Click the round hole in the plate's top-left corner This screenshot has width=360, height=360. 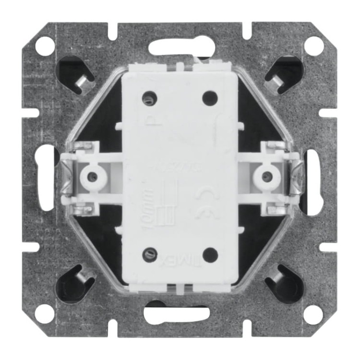[45, 45]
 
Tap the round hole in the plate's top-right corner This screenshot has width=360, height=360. [314, 45]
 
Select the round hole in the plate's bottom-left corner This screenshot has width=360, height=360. [45, 314]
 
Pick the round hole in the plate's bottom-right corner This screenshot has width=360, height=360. [314, 314]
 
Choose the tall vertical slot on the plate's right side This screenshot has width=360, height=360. [312, 181]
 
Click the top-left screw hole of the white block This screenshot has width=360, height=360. [149, 99]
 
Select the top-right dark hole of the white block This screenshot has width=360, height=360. [210, 98]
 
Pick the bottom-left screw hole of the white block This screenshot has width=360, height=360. [150, 254]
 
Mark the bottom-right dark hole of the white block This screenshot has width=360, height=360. [210, 255]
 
